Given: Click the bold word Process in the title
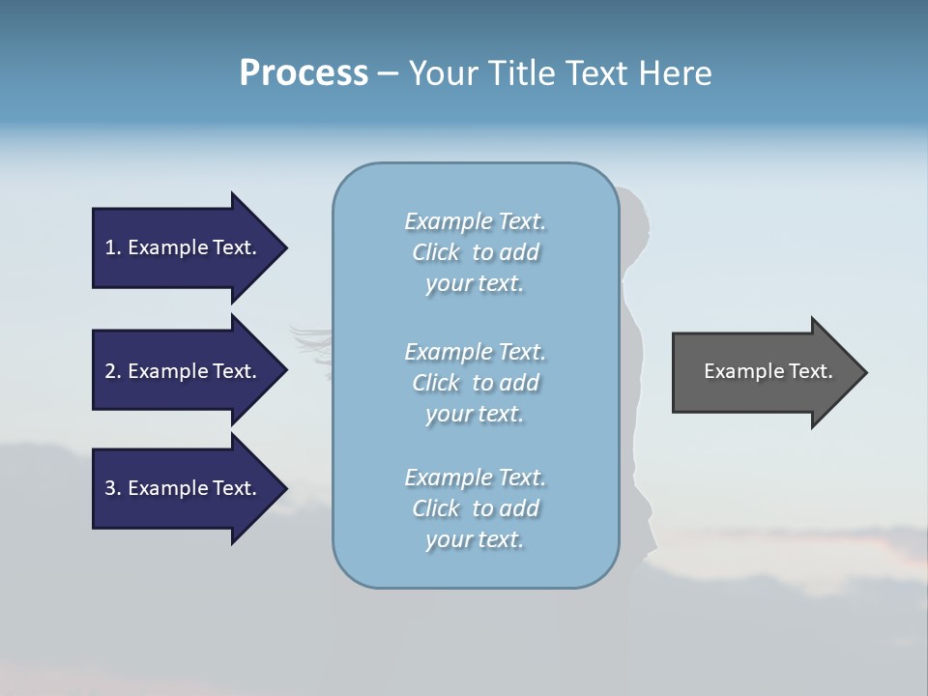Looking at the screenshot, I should (x=304, y=73).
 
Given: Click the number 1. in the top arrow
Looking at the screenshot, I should (x=112, y=247).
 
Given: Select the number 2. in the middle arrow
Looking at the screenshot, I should (x=112, y=371).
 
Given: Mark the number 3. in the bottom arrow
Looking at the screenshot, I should (x=112, y=488).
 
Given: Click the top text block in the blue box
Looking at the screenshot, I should (x=475, y=252).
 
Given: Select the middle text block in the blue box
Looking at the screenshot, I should (x=475, y=383).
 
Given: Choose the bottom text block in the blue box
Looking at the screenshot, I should (x=475, y=508).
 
